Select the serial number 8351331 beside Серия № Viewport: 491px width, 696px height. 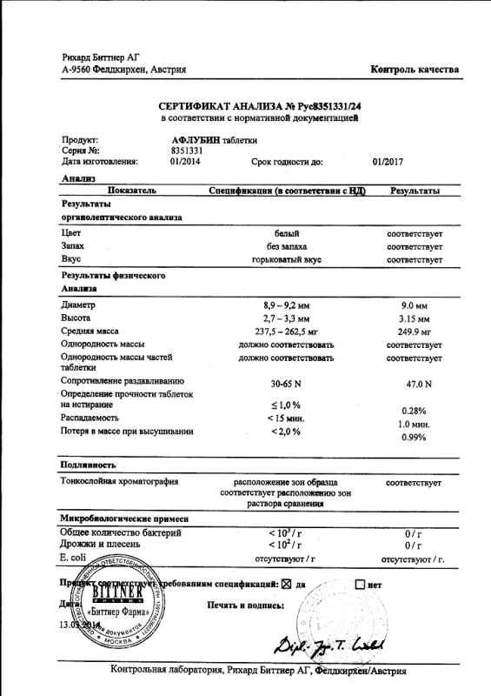[187, 151]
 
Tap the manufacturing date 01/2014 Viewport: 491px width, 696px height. [186, 161]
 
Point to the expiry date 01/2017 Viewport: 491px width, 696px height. [388, 161]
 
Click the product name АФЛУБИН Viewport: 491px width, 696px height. [196, 140]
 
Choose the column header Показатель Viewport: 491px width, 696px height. [131, 190]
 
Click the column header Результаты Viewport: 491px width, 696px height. [415, 191]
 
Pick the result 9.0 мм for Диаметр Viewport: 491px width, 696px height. [415, 306]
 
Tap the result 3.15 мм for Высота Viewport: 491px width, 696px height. [415, 319]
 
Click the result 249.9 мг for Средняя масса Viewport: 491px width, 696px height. [415, 332]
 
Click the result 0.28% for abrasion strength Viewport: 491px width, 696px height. [414, 411]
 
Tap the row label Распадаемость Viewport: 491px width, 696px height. [90, 418]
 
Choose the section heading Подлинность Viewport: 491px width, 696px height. [89, 465]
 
